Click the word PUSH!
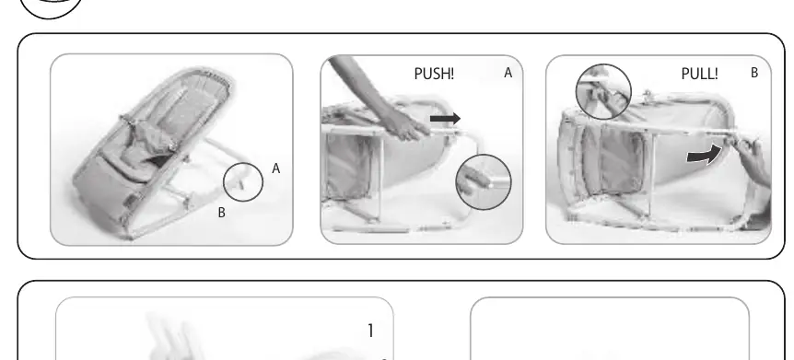(434, 74)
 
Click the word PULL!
(699, 74)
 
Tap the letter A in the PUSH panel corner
(508, 73)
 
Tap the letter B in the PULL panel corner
(754, 73)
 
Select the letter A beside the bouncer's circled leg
(276, 168)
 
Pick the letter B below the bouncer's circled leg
(221, 214)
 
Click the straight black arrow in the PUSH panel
(445, 119)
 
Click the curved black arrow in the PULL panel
(704, 155)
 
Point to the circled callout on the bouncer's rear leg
(243, 163)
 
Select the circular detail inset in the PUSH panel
(484, 155)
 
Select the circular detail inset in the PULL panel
(603, 64)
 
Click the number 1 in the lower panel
(370, 331)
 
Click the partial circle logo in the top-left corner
(51, 17)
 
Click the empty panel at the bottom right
(610, 329)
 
